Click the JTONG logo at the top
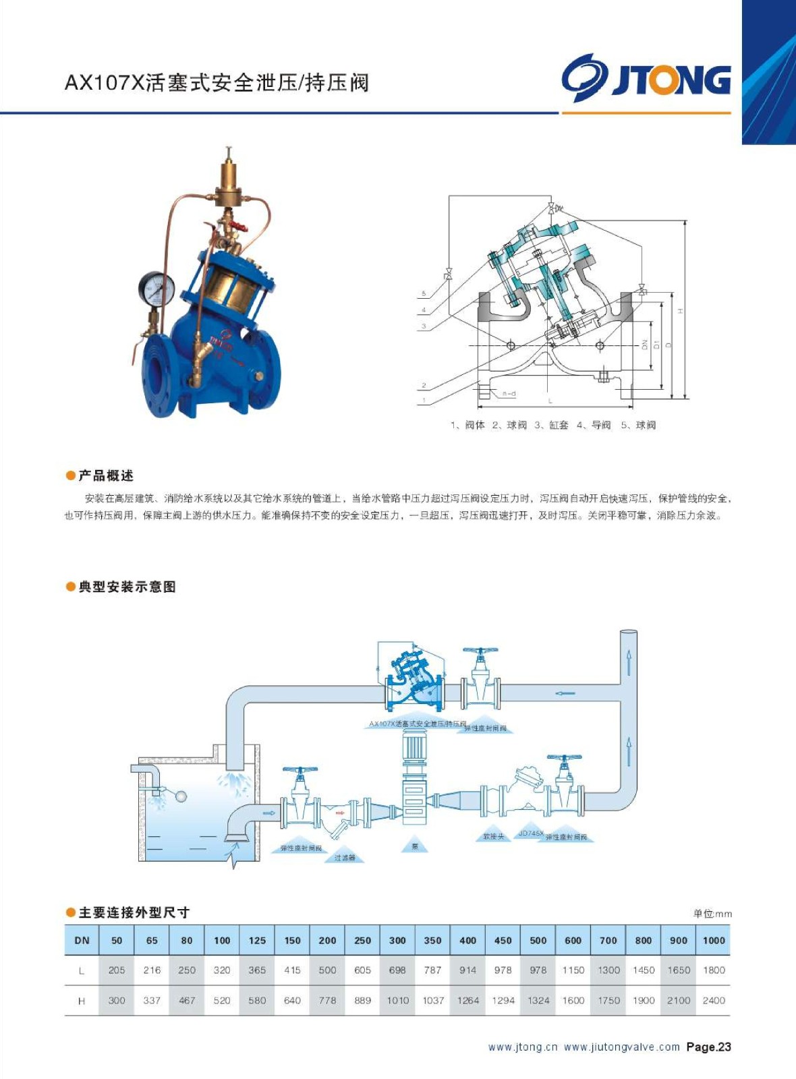click(646, 78)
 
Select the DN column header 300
click(397, 940)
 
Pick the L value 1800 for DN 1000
click(714, 970)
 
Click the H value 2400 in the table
click(714, 1000)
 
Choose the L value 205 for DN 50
click(117, 970)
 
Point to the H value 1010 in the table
click(397, 1000)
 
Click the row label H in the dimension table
click(82, 1001)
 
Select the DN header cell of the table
click(82, 940)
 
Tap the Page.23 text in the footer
click(708, 1047)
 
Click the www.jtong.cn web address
click(523, 1047)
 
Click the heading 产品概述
click(106, 475)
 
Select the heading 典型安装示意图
click(127, 587)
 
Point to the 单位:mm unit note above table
click(712, 914)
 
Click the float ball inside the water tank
click(181, 796)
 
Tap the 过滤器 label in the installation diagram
click(345, 858)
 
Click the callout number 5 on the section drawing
click(424, 293)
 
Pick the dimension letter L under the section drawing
click(550, 401)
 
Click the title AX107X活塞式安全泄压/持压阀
click(217, 83)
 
